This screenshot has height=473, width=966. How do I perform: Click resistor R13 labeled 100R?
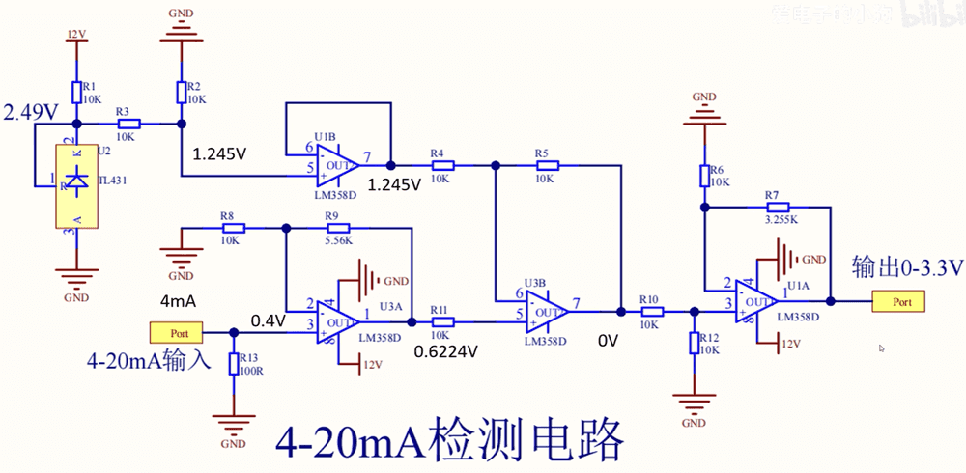click(234, 363)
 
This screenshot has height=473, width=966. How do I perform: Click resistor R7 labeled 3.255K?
click(779, 207)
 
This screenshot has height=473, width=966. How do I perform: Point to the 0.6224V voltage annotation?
click(445, 351)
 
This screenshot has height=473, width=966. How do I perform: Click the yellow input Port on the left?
click(176, 333)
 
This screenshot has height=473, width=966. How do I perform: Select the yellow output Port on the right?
click(898, 302)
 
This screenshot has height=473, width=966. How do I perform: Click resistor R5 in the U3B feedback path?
click(544, 166)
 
